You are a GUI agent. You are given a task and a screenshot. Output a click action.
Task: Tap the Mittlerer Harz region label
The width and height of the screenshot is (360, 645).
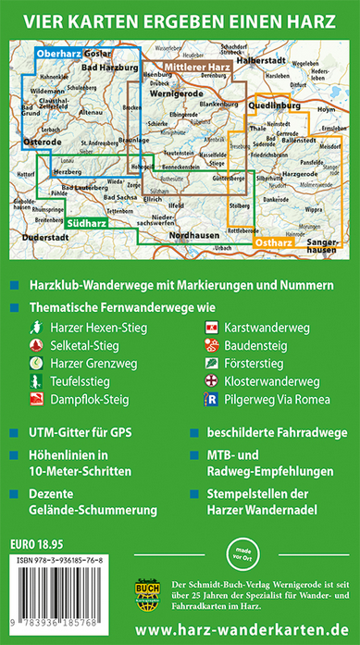point(197,68)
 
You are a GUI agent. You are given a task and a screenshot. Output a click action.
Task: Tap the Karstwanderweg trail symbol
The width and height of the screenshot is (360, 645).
point(211,327)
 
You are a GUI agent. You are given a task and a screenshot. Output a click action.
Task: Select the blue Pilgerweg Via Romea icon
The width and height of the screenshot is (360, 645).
point(211,400)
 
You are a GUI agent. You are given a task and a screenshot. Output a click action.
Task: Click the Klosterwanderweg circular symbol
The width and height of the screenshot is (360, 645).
point(211,381)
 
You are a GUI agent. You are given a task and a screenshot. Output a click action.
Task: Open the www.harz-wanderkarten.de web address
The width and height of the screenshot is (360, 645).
point(246,629)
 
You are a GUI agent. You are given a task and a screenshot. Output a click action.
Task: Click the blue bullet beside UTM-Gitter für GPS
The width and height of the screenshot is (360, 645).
point(10,432)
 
